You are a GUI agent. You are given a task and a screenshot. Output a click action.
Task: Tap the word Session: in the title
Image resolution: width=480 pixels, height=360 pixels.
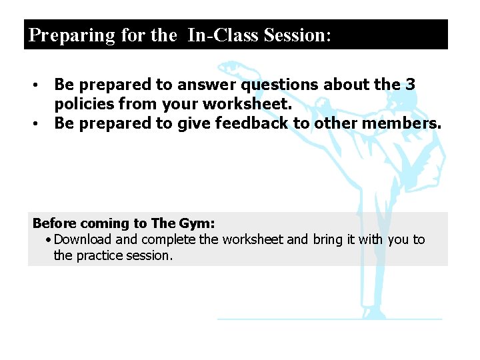click(x=297, y=35)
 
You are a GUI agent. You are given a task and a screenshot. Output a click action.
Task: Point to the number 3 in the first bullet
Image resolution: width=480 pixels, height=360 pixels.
click(x=411, y=85)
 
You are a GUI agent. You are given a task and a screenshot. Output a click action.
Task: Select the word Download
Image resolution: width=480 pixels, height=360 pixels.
click(x=84, y=239)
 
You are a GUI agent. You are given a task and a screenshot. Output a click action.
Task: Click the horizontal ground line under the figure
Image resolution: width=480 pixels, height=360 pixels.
click(x=329, y=319)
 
